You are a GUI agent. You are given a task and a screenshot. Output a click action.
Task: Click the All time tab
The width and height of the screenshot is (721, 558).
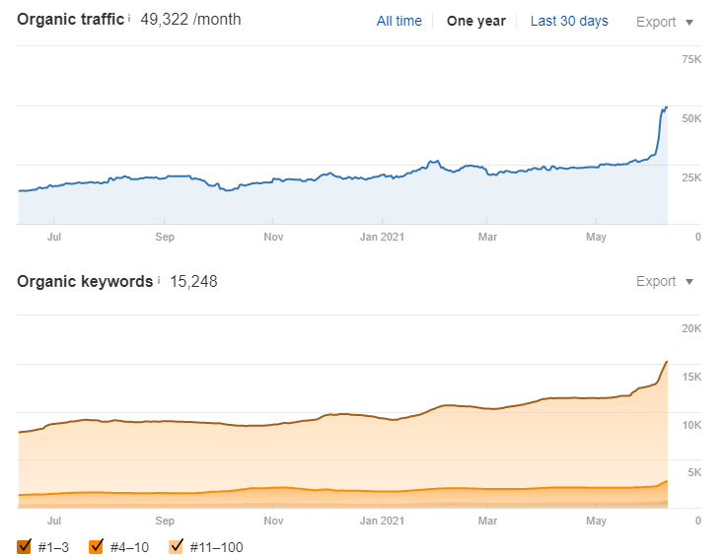(399, 21)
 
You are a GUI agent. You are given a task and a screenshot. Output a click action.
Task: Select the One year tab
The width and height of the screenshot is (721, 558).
(475, 21)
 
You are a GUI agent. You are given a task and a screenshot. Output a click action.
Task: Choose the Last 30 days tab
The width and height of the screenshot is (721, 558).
(569, 21)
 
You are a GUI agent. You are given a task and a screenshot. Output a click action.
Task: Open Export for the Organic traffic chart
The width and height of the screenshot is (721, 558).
(665, 22)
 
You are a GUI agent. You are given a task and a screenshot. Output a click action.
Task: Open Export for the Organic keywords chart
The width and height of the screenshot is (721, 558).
(665, 282)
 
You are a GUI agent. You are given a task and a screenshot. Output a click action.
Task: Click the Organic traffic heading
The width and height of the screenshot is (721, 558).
(71, 19)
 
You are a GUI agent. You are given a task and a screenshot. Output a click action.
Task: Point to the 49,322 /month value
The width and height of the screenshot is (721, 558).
(190, 20)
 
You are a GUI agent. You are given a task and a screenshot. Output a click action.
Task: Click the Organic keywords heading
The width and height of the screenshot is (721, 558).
(86, 281)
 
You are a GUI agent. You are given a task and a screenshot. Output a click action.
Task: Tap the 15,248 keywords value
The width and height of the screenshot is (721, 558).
(193, 282)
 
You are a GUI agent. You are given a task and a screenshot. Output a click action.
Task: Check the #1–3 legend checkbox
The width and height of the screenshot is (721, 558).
(25, 546)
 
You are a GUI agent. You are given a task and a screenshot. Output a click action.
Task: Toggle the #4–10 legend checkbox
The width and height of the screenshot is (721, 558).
(97, 546)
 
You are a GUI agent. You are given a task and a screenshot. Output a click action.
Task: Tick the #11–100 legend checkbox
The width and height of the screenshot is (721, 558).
(178, 546)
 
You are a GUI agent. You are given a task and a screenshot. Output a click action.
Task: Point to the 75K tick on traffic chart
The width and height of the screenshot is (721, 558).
(690, 60)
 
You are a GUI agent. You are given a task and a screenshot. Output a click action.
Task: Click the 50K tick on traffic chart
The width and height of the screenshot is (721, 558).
(690, 118)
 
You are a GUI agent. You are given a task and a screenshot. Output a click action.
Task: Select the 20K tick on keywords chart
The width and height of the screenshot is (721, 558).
(690, 328)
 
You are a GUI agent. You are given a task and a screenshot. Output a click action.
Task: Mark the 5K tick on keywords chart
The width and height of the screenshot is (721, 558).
(693, 472)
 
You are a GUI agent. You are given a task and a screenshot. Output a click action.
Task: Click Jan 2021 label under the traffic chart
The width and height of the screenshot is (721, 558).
(382, 237)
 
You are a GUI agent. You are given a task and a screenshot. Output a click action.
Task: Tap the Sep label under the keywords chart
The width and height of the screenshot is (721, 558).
(165, 520)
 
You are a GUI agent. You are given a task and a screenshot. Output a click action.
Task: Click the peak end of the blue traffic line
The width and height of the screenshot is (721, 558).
(667, 106)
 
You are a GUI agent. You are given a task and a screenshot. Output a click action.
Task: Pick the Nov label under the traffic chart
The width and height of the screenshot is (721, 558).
(273, 237)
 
